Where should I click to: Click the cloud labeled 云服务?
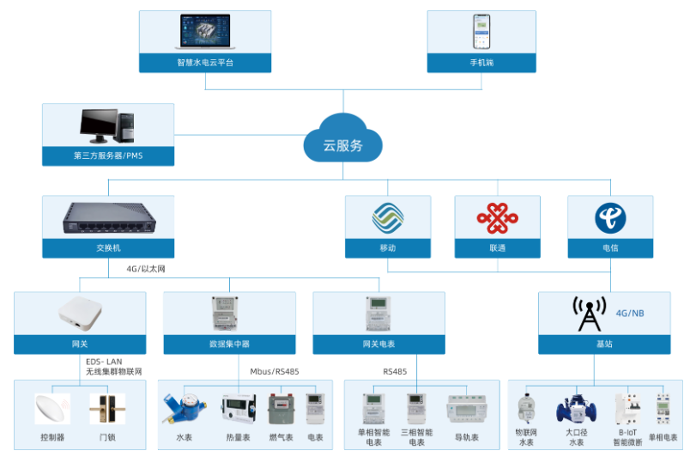[342, 140]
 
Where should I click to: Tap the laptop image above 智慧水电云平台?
[205, 32]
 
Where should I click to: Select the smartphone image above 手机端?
[481, 32]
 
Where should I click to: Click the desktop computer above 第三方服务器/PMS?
[107, 125]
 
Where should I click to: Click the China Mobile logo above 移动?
[388, 217]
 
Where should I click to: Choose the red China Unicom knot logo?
[497, 217]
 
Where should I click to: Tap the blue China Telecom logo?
[610, 217]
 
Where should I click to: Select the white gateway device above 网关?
[80, 314]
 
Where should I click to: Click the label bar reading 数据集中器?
[229, 344]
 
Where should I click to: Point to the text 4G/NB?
[630, 314]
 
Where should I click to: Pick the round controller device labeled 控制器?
[52, 408]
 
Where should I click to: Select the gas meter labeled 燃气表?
[281, 409]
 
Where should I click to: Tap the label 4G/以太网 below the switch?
[150, 268]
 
